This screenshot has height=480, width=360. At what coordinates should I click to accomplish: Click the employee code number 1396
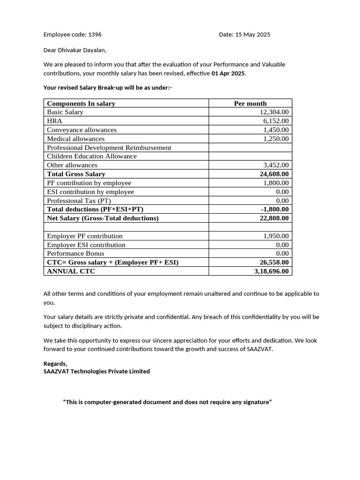(x=95, y=35)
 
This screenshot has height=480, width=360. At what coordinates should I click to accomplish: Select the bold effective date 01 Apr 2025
(x=228, y=74)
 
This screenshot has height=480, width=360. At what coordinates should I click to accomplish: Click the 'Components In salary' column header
(x=81, y=104)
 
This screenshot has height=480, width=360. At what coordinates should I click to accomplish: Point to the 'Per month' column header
(x=250, y=104)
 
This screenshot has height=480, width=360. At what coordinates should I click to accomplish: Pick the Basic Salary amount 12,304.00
(x=274, y=112)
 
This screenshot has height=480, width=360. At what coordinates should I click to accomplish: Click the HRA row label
(x=54, y=121)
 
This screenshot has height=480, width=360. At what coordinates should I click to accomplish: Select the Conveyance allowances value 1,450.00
(x=276, y=130)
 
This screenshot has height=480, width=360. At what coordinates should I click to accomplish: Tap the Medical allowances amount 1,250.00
(x=276, y=139)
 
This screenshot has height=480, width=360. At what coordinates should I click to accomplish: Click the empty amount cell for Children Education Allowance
(x=250, y=156)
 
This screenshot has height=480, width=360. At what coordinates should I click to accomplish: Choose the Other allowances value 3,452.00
(x=276, y=165)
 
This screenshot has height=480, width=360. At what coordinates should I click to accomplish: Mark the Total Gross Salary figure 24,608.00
(x=274, y=174)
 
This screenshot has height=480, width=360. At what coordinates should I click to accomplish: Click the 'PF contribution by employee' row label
(x=89, y=183)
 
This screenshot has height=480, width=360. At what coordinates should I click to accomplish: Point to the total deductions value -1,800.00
(x=275, y=210)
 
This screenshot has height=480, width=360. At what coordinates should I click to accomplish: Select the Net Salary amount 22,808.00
(x=274, y=218)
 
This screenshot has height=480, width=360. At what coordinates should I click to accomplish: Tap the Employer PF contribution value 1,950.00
(x=276, y=236)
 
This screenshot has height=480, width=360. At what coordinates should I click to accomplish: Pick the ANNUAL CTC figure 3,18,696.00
(x=271, y=271)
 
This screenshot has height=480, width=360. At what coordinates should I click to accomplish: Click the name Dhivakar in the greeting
(x=70, y=50)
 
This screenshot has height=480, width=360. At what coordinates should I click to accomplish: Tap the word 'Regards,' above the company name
(x=55, y=364)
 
